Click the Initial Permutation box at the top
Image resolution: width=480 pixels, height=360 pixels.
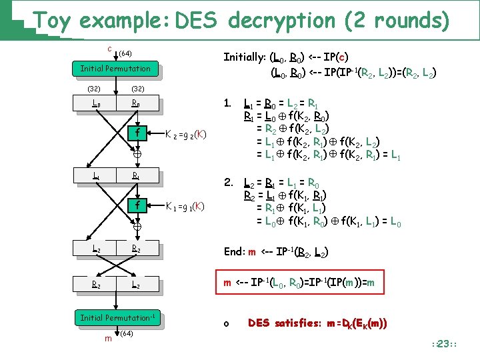pyautogui.click(x=115, y=69)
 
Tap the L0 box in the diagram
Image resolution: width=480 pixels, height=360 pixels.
pyautogui.click(x=97, y=104)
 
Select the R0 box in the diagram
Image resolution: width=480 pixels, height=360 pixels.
pyautogui.click(x=135, y=104)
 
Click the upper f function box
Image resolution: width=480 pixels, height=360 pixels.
pyautogui.click(x=136, y=132)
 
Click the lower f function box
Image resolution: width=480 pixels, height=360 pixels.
pyautogui.click(x=136, y=205)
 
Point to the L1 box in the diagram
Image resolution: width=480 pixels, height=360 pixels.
pyautogui.click(x=97, y=177)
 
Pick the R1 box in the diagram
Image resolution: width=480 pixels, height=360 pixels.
pyautogui.click(x=135, y=177)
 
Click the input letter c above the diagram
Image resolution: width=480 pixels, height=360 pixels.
pyautogui.click(x=109, y=49)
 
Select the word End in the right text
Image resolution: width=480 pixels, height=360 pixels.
pyautogui.click(x=235, y=251)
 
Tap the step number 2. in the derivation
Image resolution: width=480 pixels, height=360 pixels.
pyautogui.click(x=228, y=181)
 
